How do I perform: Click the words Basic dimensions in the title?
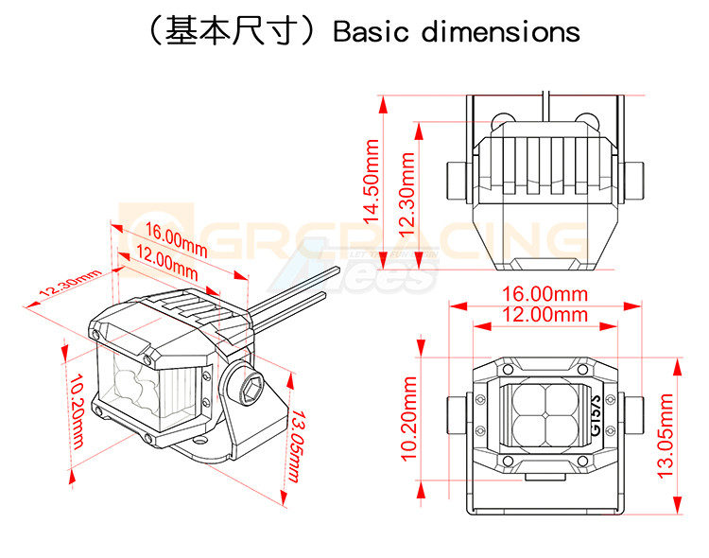coord(457,32)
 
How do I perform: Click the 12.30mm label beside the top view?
coord(407,193)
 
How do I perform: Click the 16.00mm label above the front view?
coord(545,295)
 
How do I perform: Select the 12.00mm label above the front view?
coord(545,315)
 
